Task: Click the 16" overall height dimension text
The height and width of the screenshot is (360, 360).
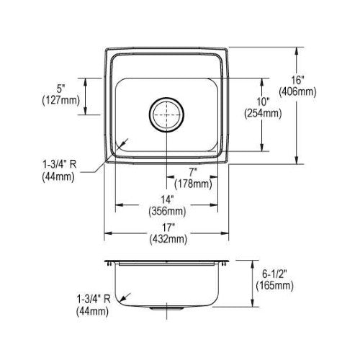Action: tap(297, 80)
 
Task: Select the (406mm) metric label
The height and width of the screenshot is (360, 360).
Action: tap(297, 91)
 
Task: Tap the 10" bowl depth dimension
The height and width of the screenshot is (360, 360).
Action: tap(263, 102)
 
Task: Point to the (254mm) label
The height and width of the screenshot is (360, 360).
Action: tap(263, 113)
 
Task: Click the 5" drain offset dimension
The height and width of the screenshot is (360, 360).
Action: tap(61, 89)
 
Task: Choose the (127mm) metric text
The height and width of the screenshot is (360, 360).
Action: tap(61, 100)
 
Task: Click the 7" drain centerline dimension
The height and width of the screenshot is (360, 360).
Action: tap(193, 172)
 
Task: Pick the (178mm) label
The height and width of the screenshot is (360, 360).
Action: tap(193, 184)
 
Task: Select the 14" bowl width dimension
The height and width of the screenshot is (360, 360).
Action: tap(167, 199)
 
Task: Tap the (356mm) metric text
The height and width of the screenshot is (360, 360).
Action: tap(167, 211)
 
